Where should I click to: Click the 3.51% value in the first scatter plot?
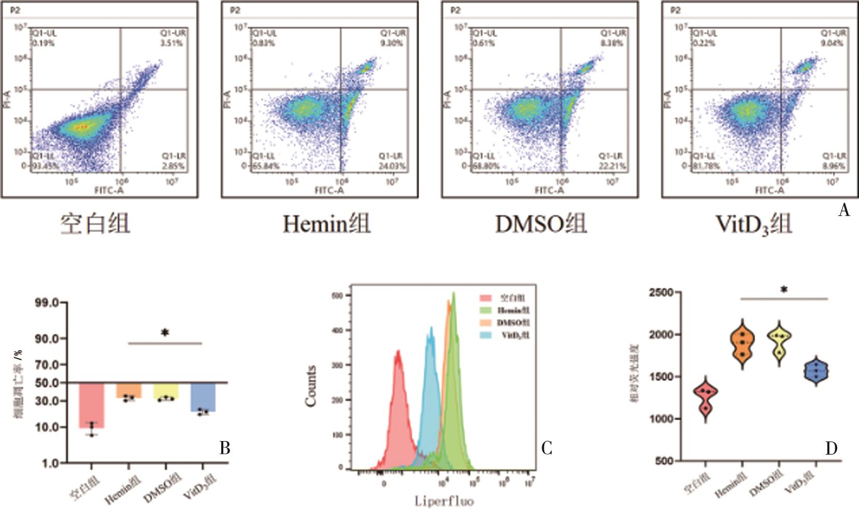coord(171,43)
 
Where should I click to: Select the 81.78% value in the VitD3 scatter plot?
coord(704,166)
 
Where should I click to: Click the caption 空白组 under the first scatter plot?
coord(96,224)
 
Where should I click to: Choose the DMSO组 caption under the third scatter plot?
coord(541,224)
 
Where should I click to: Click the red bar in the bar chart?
coord(91,405)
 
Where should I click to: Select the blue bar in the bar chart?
coord(203,397)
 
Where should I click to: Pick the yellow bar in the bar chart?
coord(166,391)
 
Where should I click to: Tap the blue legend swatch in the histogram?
coord(486,335)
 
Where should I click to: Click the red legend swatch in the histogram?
coord(486,298)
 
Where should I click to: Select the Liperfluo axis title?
coord(444,501)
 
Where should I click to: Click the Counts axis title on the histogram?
coord(311,386)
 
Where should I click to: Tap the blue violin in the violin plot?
coord(816,371)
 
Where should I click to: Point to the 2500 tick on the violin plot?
coord(661,293)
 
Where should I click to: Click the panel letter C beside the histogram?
coord(546,448)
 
